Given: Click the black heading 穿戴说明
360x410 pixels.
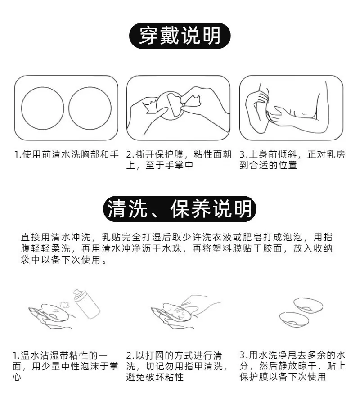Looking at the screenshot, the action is [180, 36].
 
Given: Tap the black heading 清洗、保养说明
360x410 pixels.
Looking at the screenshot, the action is [180, 209].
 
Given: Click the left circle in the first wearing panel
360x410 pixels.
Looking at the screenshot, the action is [43, 108].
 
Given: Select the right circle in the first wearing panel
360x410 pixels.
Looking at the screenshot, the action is [90, 108].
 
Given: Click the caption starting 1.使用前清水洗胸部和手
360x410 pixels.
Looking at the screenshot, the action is [67, 154].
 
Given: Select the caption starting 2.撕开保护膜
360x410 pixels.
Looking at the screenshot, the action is [179, 159].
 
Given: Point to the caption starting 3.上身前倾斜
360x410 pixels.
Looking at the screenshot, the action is [292, 159].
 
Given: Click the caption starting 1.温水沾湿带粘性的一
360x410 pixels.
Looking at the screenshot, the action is [65, 366].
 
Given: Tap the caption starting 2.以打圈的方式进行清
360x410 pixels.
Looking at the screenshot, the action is [177, 366].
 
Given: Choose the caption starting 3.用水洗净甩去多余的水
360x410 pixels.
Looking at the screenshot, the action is [292, 366].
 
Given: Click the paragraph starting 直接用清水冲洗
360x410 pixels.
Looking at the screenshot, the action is [177, 248].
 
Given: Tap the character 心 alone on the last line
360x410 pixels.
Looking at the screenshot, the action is [17, 377].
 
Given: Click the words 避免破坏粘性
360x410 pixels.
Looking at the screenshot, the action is [155, 377].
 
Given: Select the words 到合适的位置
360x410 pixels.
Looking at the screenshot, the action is [268, 165].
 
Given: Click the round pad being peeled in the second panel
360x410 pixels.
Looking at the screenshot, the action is [170, 105].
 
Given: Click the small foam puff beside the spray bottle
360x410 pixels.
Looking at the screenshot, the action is [64, 304].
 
